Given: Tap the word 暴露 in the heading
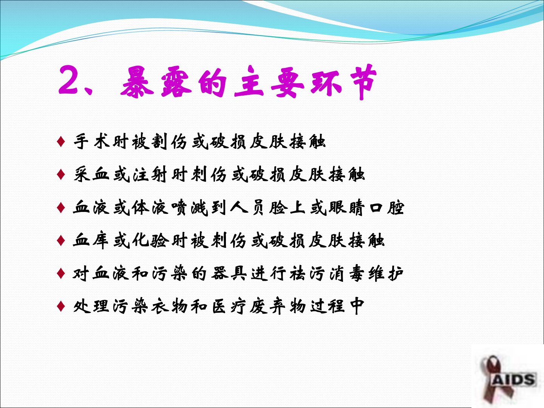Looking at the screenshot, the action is (x=156, y=82).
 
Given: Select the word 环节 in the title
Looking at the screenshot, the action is (x=344, y=82).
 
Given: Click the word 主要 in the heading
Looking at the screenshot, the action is (x=269, y=82).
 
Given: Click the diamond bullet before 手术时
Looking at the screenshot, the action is (x=61, y=142).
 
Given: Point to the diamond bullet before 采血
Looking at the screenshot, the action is (x=61, y=175).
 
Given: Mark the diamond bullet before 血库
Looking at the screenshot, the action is (x=61, y=240).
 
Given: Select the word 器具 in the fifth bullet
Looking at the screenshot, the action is (x=229, y=274).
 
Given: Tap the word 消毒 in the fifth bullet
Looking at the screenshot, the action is (x=346, y=274).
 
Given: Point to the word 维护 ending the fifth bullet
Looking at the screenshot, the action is (x=386, y=274).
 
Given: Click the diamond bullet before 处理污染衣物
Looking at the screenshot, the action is (x=61, y=306).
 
